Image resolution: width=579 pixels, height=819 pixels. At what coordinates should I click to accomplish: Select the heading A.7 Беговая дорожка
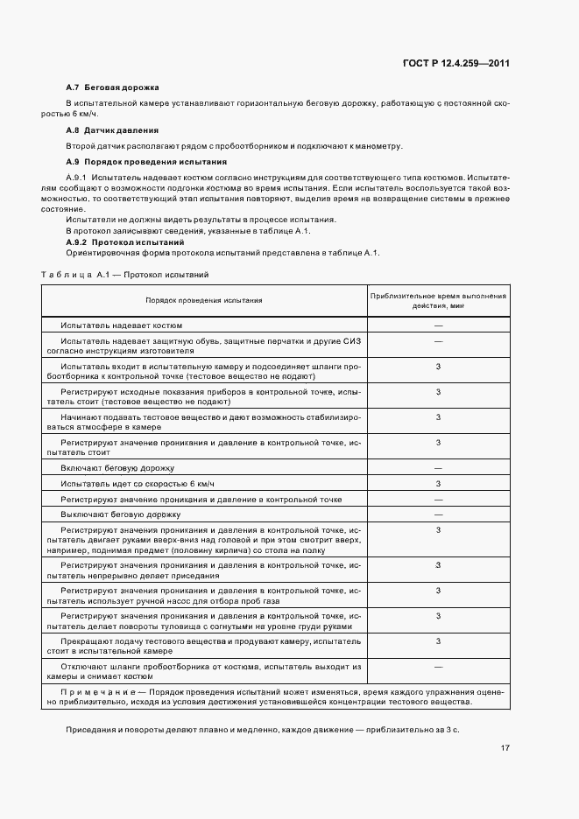point(112,88)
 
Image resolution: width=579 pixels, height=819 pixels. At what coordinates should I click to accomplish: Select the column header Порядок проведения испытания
point(203,300)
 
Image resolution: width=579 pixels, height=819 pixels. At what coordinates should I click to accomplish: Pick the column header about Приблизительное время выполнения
point(438,300)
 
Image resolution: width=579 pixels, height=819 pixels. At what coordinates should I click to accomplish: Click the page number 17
point(505,748)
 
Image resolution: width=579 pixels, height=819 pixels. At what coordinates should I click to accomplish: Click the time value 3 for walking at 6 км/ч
point(438,484)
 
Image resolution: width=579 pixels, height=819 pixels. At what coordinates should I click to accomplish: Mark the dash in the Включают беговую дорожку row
point(438,468)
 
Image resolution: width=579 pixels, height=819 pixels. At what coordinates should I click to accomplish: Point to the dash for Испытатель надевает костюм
point(438,325)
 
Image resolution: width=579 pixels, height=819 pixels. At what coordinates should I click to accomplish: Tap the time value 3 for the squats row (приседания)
point(438,565)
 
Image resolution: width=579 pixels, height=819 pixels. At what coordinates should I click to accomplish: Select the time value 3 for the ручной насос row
point(438,591)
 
